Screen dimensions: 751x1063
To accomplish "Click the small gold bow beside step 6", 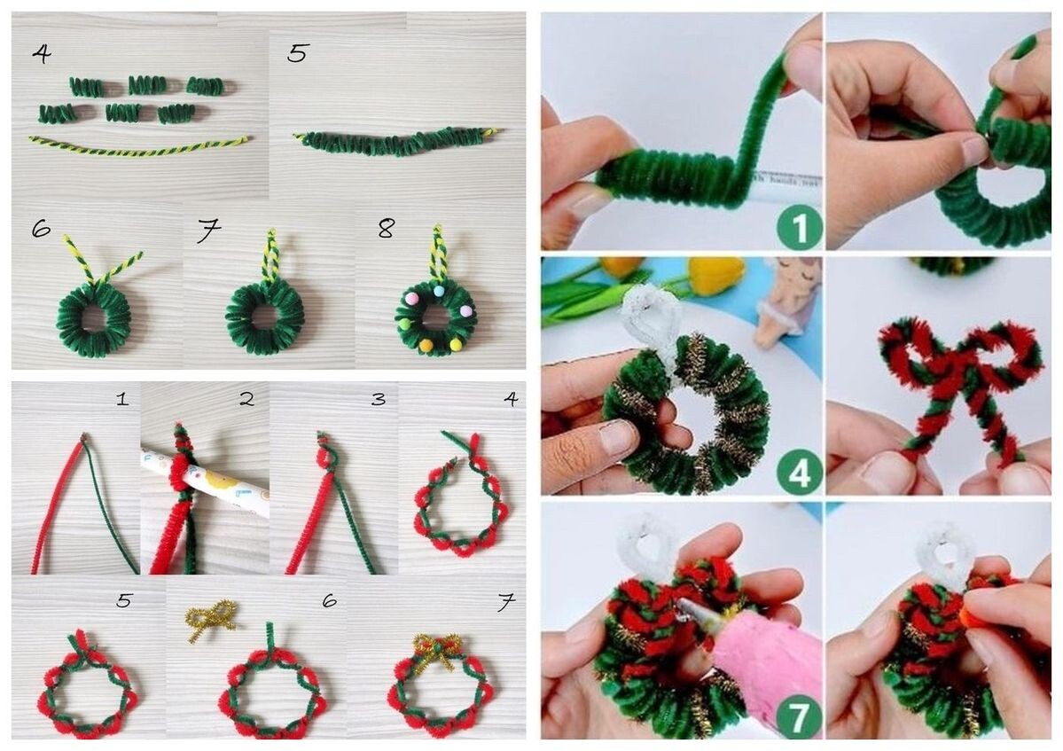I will tap(210, 617).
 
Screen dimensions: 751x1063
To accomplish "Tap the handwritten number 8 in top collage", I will tap(385, 230).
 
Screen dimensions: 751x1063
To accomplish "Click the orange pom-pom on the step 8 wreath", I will tap(426, 344).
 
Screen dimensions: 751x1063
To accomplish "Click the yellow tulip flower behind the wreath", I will tap(715, 275).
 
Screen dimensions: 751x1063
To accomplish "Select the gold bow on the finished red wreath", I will tap(437, 645).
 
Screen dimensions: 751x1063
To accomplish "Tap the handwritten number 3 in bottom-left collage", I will tap(378, 399).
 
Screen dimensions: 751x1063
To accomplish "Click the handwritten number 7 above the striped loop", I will tap(207, 232).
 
